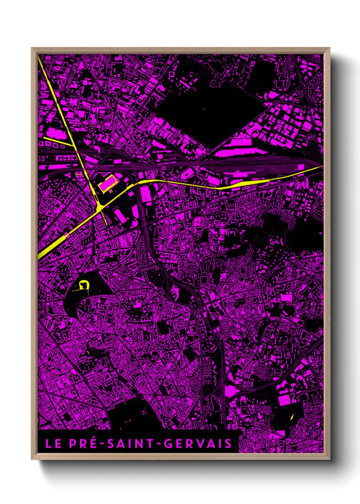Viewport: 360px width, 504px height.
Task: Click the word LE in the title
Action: tap(53, 443)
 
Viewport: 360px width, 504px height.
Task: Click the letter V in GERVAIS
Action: tap(207, 443)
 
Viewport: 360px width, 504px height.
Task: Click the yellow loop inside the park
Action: tap(83, 285)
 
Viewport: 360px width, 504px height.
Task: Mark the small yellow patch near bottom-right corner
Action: tap(292, 416)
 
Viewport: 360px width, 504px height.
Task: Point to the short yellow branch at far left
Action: tap(58, 141)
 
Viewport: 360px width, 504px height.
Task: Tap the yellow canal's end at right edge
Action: tap(320, 168)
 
